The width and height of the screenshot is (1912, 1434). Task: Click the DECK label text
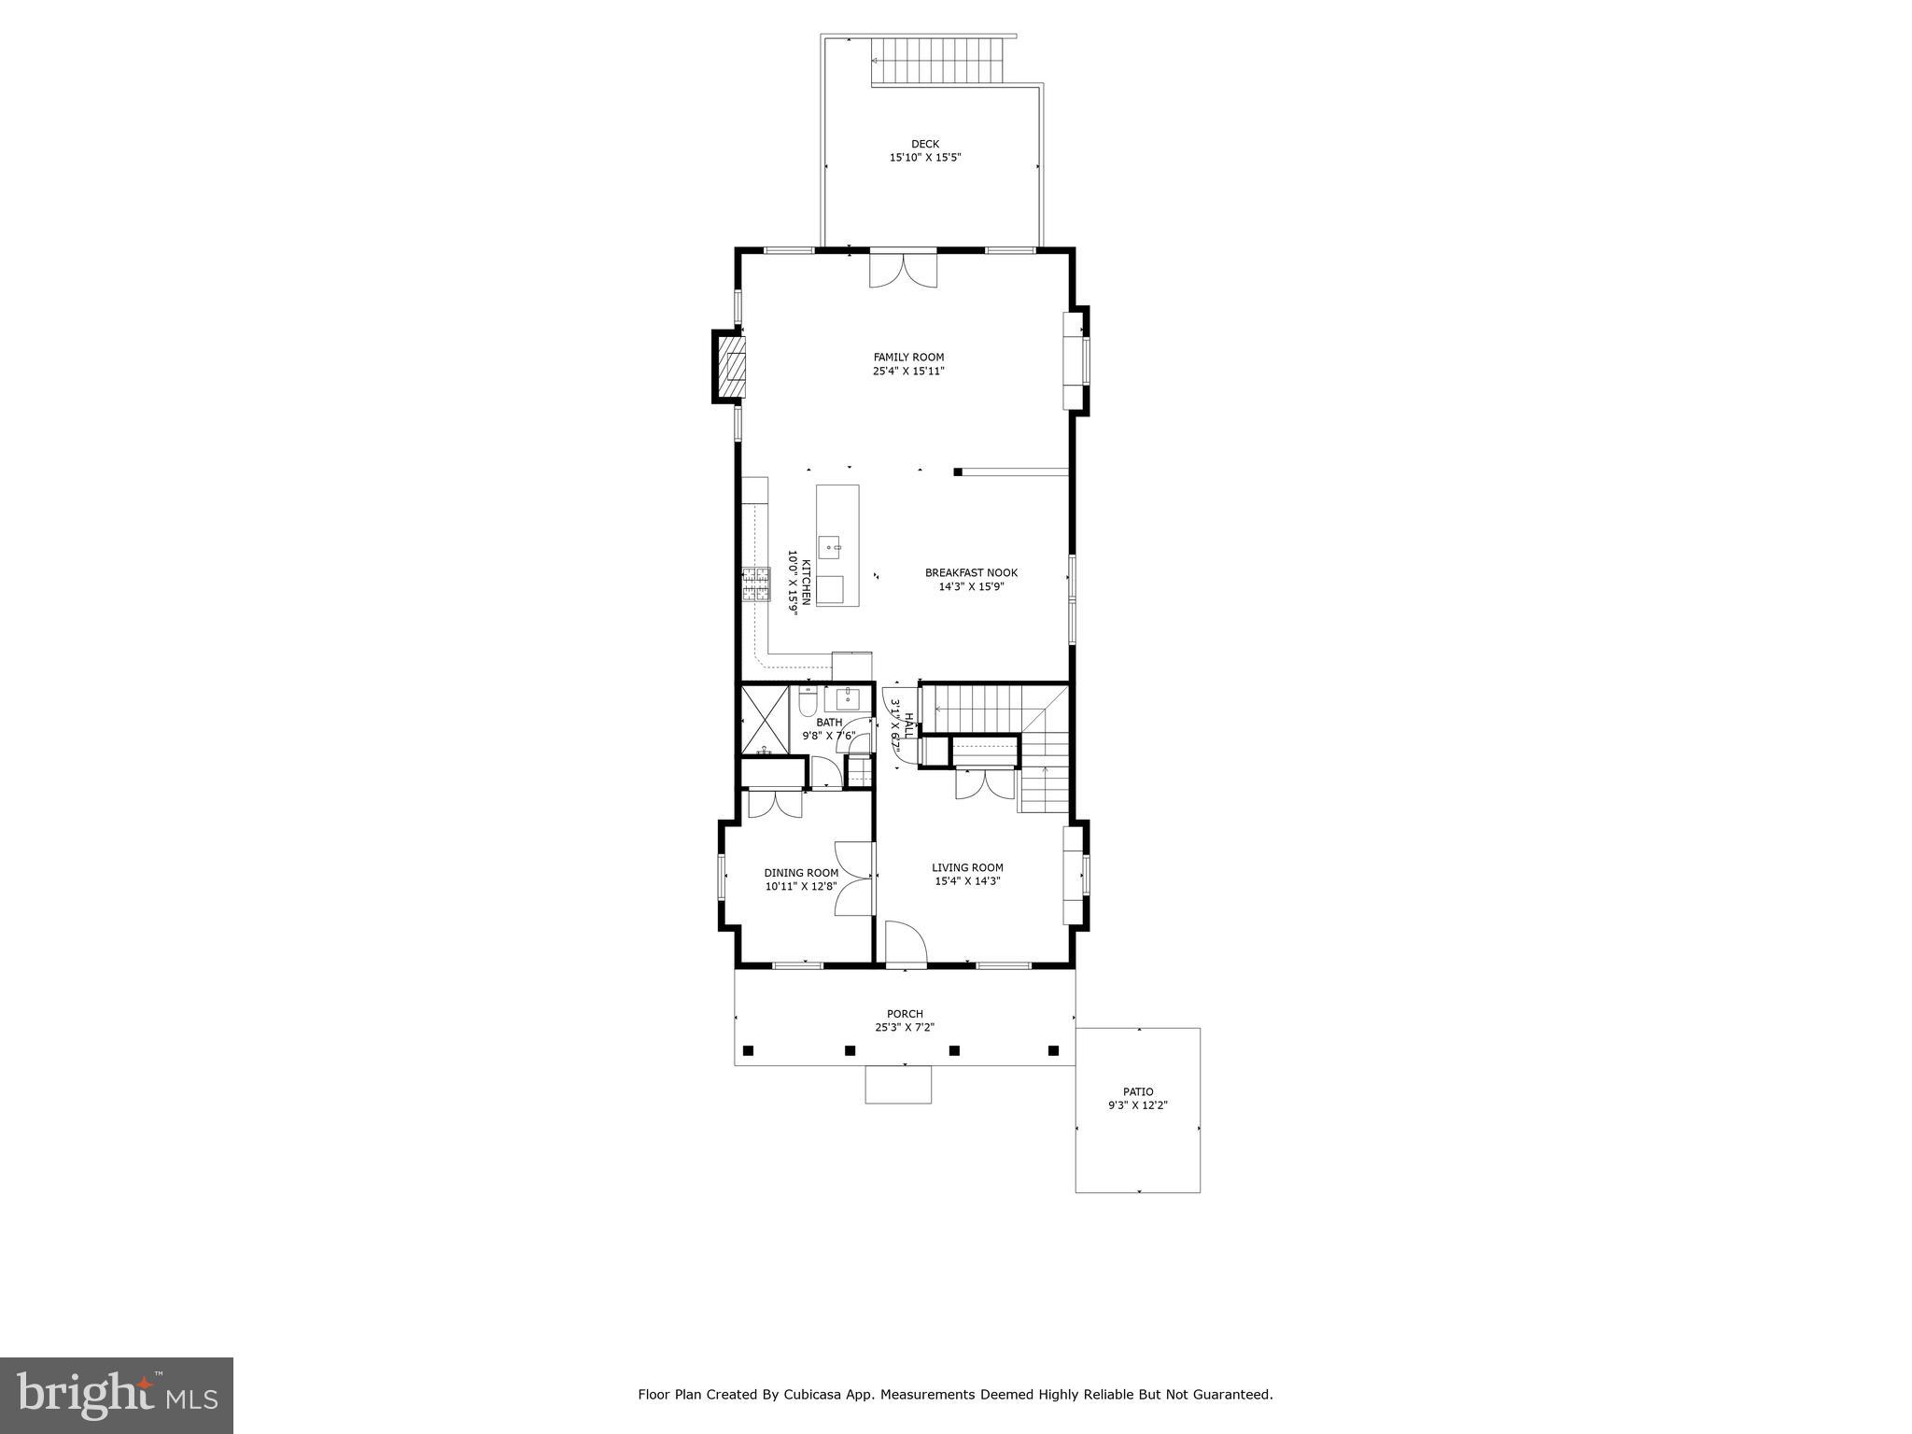[924, 144]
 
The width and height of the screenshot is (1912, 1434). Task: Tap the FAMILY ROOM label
[908, 357]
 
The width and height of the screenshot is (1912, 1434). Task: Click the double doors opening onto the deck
[903, 270]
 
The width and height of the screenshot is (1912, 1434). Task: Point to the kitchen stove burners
[754, 584]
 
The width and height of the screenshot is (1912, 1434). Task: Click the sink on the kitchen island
[829, 547]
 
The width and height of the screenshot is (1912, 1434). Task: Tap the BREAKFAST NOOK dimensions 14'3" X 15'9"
[971, 587]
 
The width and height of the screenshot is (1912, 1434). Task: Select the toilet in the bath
[808, 700]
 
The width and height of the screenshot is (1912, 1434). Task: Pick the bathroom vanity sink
[848, 698]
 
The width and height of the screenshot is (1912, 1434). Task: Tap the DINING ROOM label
[801, 873]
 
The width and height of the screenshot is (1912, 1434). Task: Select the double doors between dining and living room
[854, 878]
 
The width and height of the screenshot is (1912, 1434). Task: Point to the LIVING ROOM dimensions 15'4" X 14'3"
[967, 881]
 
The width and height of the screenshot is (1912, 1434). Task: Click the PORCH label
[905, 1014]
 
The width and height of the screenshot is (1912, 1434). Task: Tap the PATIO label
[1137, 1091]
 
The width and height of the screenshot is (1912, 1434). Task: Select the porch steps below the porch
[898, 1084]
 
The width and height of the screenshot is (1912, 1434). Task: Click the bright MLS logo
[117, 1395]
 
